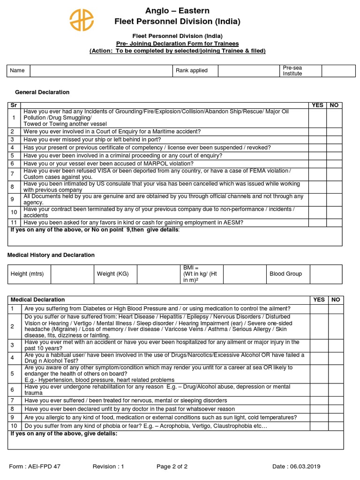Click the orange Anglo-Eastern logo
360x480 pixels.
(x=82, y=21)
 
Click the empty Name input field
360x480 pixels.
(x=101, y=71)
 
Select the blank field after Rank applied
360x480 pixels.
(x=247, y=71)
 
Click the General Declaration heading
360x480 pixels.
(x=42, y=92)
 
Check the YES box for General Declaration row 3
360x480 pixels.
(x=317, y=140)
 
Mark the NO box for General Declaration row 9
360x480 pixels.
(x=334, y=199)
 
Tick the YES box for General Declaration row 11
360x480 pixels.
(x=317, y=223)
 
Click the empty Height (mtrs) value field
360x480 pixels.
(x=70, y=274)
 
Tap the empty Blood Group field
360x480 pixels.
(x=327, y=274)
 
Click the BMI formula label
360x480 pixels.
(x=201, y=274)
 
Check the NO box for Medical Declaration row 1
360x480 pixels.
(x=336, y=309)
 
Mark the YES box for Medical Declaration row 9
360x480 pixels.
(x=319, y=417)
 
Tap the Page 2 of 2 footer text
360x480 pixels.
(x=172, y=466)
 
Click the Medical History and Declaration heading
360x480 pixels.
(x=51, y=255)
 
